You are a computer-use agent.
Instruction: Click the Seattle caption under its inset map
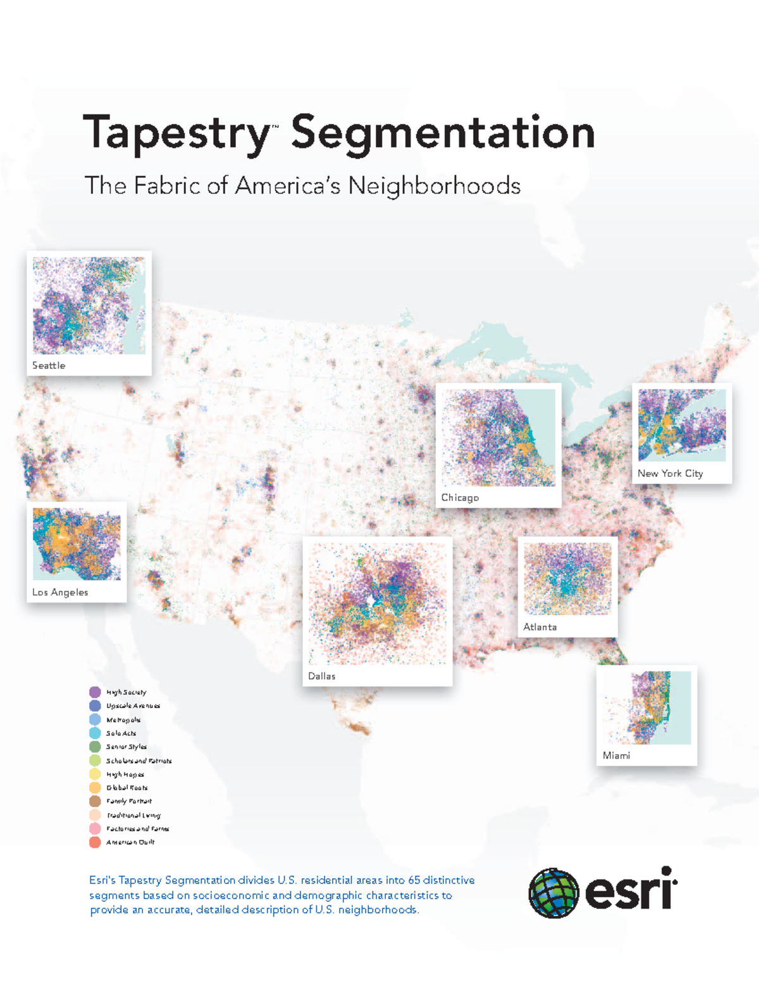tap(49, 365)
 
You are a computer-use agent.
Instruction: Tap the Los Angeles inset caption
tap(60, 592)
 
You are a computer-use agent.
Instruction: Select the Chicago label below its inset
tap(460, 498)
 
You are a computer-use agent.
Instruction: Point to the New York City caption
tap(670, 474)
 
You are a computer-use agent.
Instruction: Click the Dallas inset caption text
tap(321, 676)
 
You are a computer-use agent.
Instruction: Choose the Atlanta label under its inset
tap(540, 627)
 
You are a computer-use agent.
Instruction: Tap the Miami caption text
tap(616, 756)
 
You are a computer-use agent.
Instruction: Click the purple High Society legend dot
tap(95, 692)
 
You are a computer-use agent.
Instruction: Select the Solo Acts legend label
tap(121, 733)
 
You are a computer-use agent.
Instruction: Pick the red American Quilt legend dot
tap(95, 842)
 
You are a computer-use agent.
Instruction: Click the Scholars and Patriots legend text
tap(139, 761)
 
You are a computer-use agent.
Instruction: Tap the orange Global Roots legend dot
tap(95, 788)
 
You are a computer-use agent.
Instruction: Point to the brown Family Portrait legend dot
tap(95, 801)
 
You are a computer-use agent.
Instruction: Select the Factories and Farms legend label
tap(137, 829)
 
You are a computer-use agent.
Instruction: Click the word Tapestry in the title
tap(177, 133)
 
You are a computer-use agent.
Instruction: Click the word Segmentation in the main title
tap(443, 133)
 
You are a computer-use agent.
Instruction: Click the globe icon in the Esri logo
tap(553, 892)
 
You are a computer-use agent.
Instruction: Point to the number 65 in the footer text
tap(414, 880)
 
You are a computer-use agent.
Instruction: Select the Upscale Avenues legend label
tap(133, 706)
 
